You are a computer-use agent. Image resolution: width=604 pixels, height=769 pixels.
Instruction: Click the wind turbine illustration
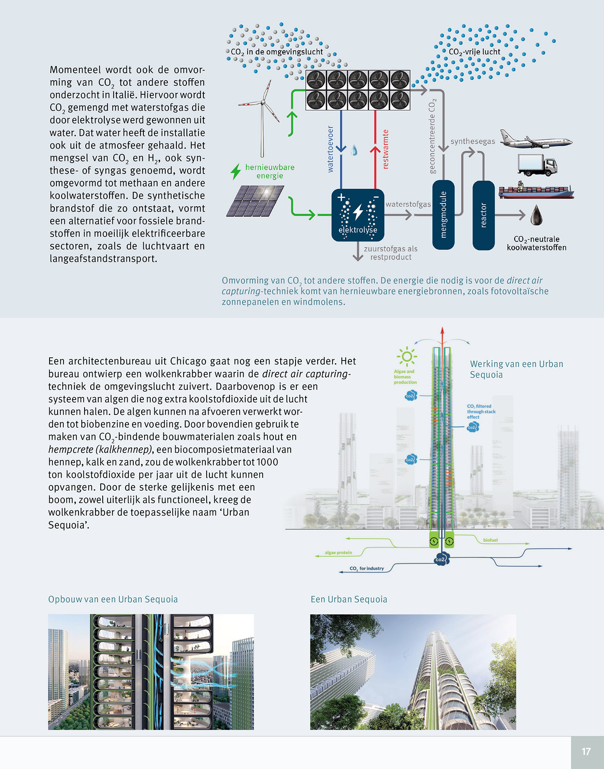[263, 117]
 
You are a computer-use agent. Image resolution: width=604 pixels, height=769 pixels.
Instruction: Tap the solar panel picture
[255, 201]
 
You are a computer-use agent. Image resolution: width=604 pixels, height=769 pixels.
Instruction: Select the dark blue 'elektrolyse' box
[358, 215]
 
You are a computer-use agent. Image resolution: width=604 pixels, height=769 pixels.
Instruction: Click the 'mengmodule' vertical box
[443, 215]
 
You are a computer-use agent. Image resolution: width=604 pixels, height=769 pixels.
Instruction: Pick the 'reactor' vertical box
[483, 215]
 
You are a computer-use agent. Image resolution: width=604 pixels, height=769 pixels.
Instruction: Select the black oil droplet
[536, 216]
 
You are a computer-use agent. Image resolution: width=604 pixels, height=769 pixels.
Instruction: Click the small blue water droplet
[354, 150]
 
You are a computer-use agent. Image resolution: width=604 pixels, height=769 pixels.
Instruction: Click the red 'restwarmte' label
[385, 149]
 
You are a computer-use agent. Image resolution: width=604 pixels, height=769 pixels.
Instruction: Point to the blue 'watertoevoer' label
[330, 149]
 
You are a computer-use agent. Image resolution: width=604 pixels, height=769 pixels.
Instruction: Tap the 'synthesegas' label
[473, 141]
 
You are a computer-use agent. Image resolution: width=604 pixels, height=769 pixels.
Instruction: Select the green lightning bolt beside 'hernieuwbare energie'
[236, 171]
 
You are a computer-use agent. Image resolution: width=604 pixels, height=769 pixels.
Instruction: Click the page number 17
[586, 751]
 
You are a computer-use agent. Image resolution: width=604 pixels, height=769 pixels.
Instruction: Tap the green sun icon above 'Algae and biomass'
[407, 357]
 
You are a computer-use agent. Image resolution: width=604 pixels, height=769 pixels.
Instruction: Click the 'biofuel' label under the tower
[490, 540]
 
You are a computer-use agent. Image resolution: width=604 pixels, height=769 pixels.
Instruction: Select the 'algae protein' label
[338, 553]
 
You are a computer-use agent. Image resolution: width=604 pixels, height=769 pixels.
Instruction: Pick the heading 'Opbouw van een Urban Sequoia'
[113, 599]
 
